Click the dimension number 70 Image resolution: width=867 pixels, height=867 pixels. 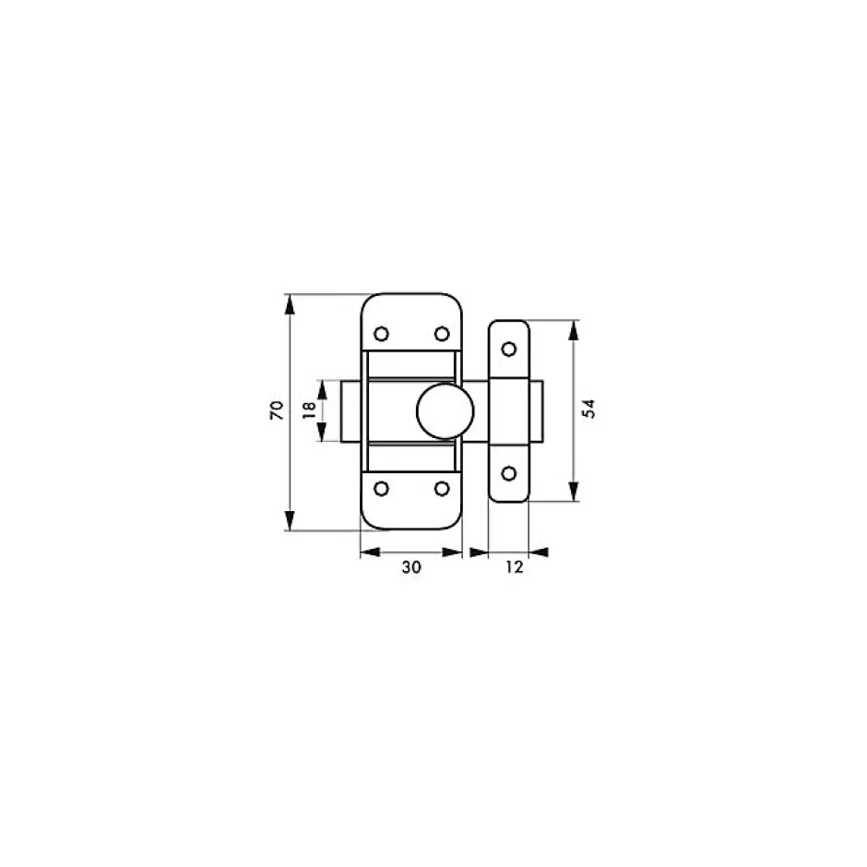[x=277, y=410]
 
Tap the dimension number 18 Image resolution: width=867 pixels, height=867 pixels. [x=310, y=410]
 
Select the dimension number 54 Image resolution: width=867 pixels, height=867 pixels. [x=589, y=410]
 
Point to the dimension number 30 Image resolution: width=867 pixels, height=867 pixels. [x=411, y=567]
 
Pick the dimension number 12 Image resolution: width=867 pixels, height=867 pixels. [x=515, y=567]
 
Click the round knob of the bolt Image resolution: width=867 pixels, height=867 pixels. [x=445, y=411]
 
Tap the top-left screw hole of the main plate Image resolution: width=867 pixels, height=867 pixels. [x=382, y=334]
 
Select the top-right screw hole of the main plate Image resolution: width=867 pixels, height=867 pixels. [x=442, y=334]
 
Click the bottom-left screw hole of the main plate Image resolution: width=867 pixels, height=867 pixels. [x=382, y=489]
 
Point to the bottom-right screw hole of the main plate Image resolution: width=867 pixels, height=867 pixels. [x=442, y=489]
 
